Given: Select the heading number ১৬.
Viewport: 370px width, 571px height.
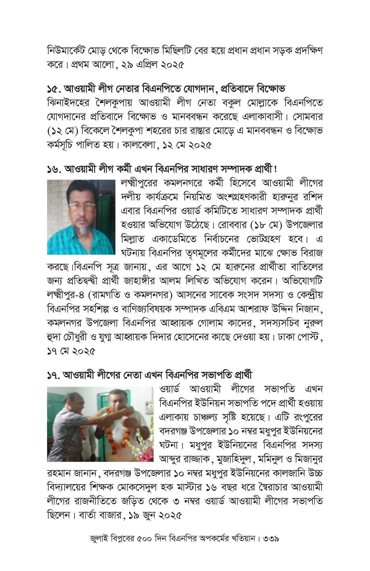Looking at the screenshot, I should pos(54,169).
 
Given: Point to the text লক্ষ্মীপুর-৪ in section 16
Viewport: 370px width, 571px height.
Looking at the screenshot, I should pos(66,295).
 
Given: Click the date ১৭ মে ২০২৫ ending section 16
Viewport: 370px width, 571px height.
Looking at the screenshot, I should pos(71,352).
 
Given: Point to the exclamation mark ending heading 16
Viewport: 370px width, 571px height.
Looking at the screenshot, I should pos(276,169).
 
